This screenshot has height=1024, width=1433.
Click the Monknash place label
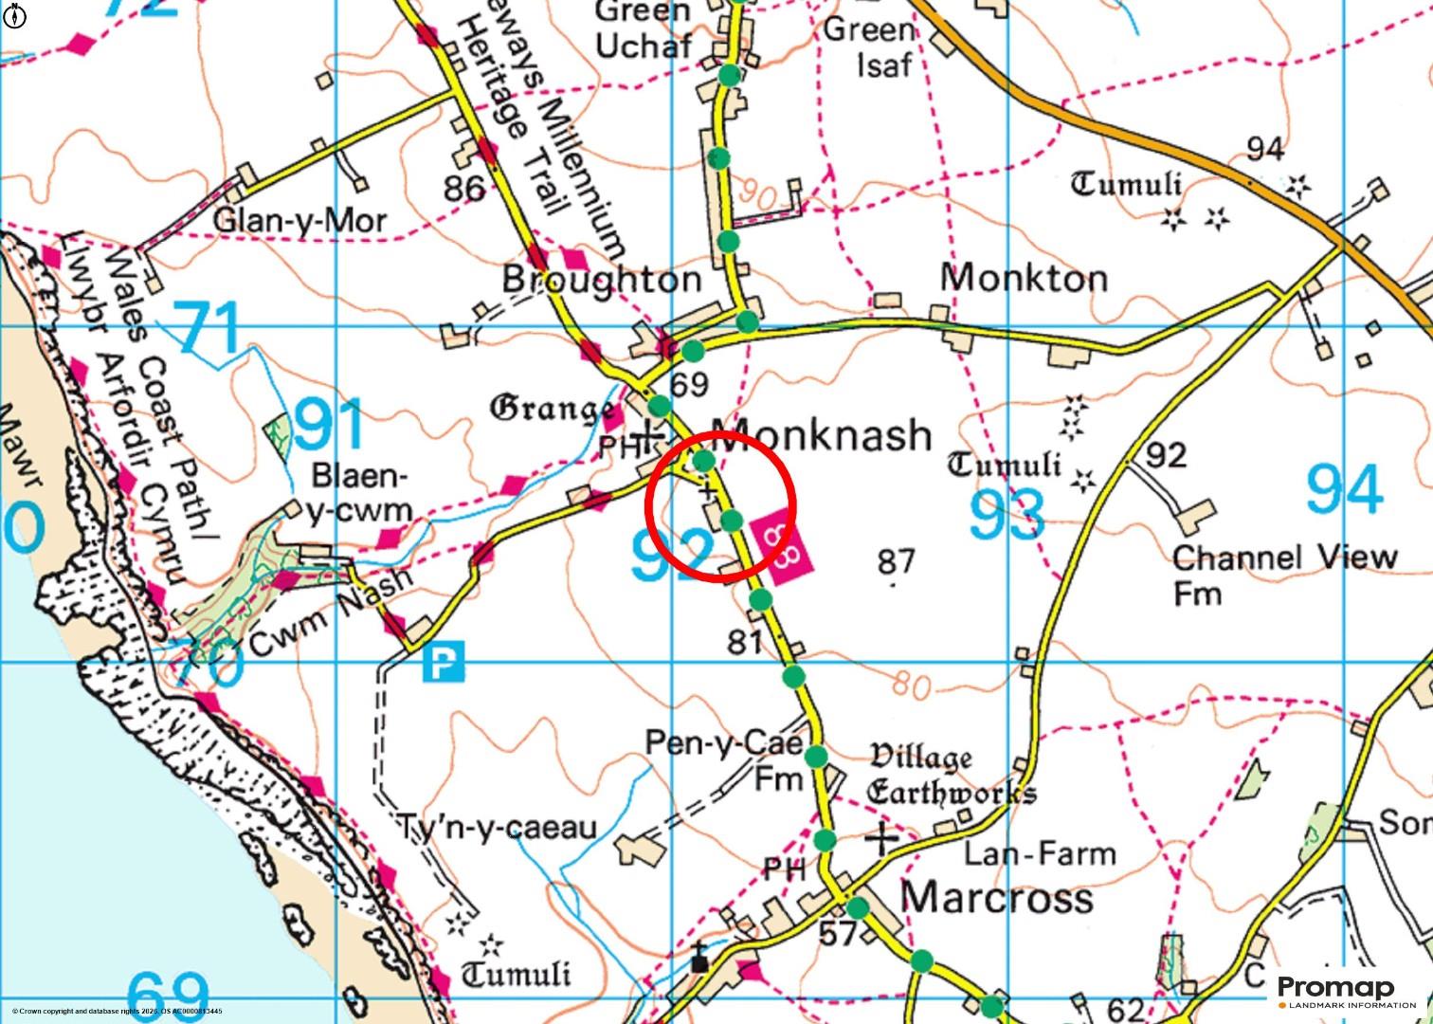(821, 435)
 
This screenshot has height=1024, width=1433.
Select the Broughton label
(601, 280)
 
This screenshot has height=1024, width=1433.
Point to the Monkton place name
(1024, 278)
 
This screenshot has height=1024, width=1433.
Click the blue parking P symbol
(444, 662)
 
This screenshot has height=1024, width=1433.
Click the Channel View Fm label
(1284, 575)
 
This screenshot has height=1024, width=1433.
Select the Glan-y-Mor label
(299, 221)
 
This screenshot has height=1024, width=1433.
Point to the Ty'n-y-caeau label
(498, 828)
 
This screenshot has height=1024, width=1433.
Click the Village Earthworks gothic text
(951, 775)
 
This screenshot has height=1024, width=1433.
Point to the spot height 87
(895, 561)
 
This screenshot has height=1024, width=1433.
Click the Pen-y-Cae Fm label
(725, 759)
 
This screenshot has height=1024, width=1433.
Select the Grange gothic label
(551, 410)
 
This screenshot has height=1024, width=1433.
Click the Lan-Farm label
(1039, 853)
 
